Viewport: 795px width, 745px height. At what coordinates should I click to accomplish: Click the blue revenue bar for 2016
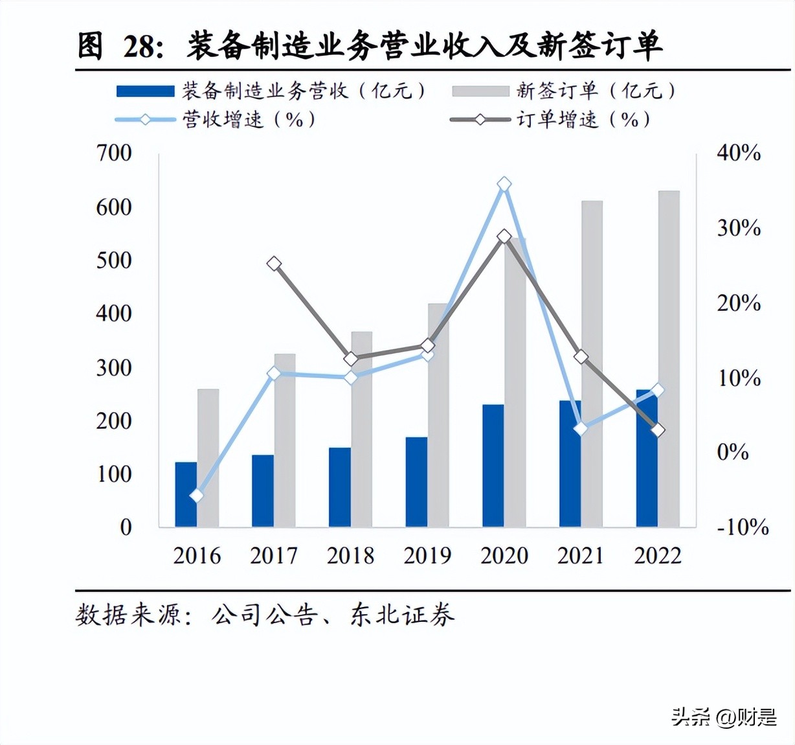[x=186, y=494]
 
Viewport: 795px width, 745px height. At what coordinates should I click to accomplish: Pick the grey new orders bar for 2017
[x=285, y=440]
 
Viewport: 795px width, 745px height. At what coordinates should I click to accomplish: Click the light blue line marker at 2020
[x=504, y=185]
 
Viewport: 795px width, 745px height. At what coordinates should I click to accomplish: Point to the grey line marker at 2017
[x=274, y=264]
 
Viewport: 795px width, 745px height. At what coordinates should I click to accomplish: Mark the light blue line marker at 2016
[x=197, y=496]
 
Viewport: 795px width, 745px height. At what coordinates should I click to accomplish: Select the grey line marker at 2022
[x=658, y=430]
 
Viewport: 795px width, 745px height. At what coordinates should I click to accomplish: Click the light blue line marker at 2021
[x=581, y=429]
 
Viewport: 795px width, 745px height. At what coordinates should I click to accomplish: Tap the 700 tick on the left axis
[x=114, y=154]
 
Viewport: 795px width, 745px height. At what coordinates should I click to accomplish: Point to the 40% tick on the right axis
[x=738, y=154]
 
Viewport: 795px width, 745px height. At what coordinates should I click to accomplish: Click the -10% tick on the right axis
[x=742, y=527]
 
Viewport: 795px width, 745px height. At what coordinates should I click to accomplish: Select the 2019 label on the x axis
[x=427, y=556]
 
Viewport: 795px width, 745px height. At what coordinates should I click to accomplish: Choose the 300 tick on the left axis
[x=114, y=368]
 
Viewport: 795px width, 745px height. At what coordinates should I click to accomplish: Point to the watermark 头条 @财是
[x=723, y=716]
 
